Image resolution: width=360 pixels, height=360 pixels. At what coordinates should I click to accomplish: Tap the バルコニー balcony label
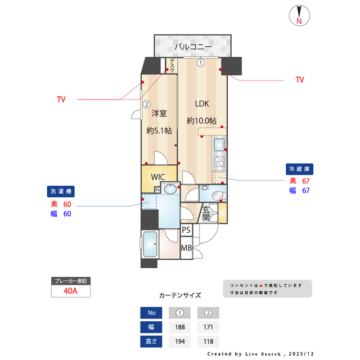point(192,47)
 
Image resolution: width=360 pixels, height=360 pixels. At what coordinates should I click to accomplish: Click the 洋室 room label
point(159,114)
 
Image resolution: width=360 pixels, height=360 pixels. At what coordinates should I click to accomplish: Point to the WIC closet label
point(157,175)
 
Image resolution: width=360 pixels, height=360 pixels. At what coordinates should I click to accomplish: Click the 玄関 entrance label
point(206,214)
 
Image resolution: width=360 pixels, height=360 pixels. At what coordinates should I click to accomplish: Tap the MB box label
point(186,248)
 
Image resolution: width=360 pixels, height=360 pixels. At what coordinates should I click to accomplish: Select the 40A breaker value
point(70,291)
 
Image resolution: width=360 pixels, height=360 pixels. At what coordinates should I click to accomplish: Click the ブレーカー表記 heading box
point(70,280)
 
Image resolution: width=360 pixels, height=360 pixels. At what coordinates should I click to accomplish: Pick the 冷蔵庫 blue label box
point(300,169)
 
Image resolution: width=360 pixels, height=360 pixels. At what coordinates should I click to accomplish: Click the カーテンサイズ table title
point(180,295)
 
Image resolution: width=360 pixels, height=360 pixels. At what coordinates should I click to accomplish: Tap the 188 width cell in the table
point(180,327)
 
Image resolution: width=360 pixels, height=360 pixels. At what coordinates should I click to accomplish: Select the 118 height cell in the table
point(208,341)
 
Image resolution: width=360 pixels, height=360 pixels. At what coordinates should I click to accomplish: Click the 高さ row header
point(151,341)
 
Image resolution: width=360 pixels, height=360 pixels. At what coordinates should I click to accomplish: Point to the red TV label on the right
point(300,80)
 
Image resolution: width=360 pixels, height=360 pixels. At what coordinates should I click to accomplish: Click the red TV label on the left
point(61,100)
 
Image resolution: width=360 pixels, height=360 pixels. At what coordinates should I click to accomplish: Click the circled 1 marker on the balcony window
point(201,63)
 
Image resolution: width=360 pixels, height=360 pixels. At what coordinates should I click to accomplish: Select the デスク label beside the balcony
point(172,66)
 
